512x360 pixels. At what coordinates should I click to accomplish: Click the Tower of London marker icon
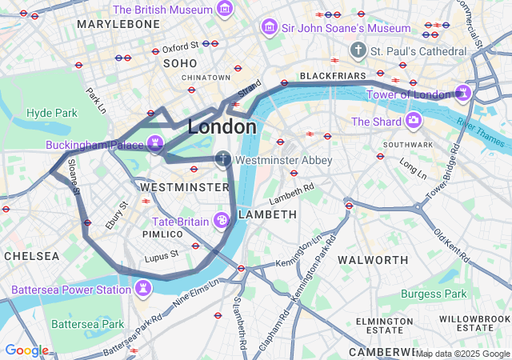point(463,94)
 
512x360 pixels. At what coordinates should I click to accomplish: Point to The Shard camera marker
point(414,121)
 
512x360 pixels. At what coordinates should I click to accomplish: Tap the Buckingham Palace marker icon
point(155,145)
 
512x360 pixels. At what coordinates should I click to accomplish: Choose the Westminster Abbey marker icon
point(224,159)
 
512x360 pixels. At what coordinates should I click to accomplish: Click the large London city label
point(222,127)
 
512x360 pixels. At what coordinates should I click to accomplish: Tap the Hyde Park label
point(50,113)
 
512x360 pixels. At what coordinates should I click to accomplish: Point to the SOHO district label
point(179,62)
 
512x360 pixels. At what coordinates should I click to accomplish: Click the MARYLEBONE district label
point(118,25)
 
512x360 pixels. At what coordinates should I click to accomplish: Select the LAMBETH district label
point(268,214)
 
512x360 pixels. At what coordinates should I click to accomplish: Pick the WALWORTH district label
point(373,260)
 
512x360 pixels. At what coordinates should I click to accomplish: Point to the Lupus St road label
point(161,258)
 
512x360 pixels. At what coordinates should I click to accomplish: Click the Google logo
point(26,350)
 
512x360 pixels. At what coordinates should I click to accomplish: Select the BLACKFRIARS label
point(332,76)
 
